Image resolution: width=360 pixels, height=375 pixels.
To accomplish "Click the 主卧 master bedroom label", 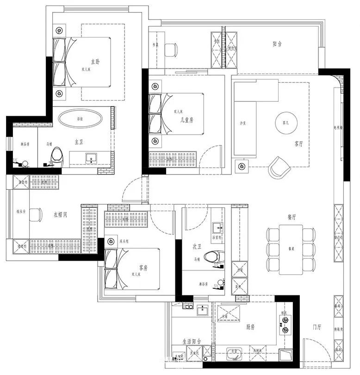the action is click(95, 61).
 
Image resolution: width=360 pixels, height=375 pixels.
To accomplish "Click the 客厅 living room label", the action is click(298, 144).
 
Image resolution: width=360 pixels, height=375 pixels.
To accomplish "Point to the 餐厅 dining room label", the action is click(292, 216).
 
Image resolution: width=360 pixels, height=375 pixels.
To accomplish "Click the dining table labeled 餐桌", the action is click(291, 249).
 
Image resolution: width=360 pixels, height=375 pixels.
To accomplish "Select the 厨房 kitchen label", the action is click(250, 327).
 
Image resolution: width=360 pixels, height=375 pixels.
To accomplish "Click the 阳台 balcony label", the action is click(277, 44).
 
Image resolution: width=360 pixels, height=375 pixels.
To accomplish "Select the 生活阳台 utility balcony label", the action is click(191, 341).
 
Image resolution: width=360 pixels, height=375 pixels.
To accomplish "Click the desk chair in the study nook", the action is click(171, 49).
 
